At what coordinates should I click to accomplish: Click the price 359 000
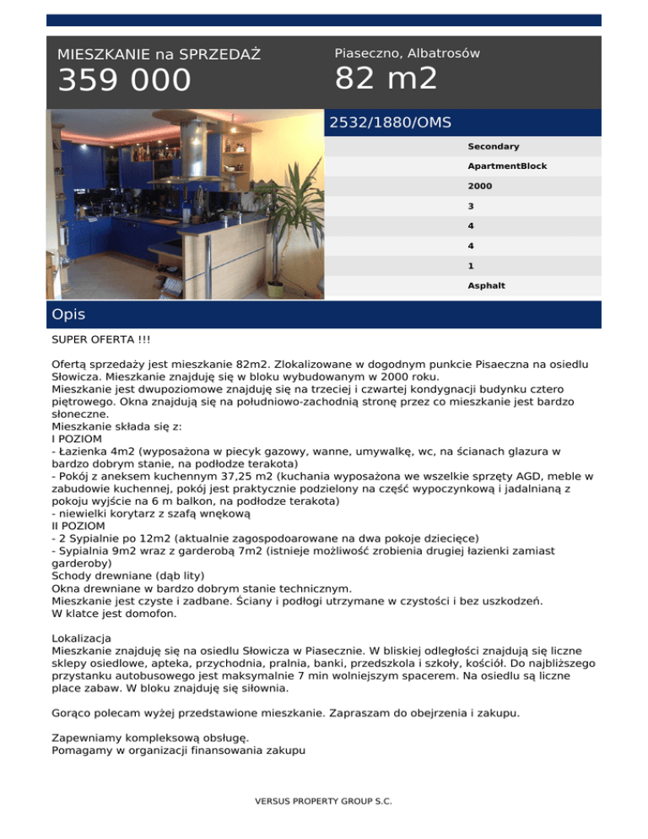click(x=124, y=81)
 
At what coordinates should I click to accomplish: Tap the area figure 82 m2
click(x=386, y=78)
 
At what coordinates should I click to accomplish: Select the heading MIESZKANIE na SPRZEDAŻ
click(x=159, y=55)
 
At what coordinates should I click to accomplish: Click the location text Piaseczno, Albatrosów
click(x=407, y=53)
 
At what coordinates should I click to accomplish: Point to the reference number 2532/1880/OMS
click(x=390, y=122)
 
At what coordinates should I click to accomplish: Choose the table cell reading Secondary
click(x=493, y=147)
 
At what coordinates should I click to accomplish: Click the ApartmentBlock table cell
click(x=507, y=166)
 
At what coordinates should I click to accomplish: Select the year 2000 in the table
click(x=480, y=186)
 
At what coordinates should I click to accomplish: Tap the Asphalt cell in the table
click(x=486, y=285)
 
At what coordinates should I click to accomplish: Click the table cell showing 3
click(x=471, y=206)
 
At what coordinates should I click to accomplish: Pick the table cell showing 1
click(x=471, y=265)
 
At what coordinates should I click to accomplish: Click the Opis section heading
click(x=68, y=314)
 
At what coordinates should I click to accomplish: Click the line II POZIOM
click(x=79, y=525)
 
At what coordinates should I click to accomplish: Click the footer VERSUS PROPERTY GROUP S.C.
click(x=324, y=802)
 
